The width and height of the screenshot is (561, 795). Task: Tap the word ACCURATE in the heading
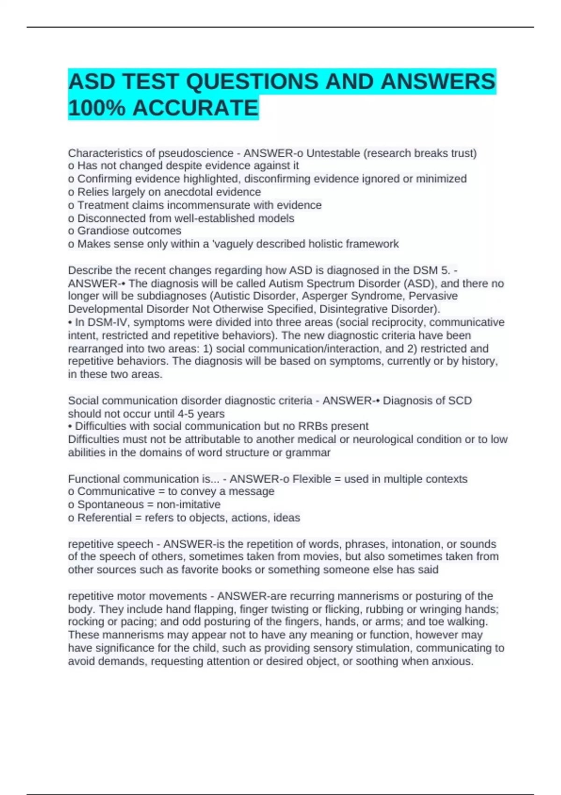(195, 108)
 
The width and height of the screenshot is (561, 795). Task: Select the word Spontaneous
(110, 504)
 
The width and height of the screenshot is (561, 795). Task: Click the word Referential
(105, 517)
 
